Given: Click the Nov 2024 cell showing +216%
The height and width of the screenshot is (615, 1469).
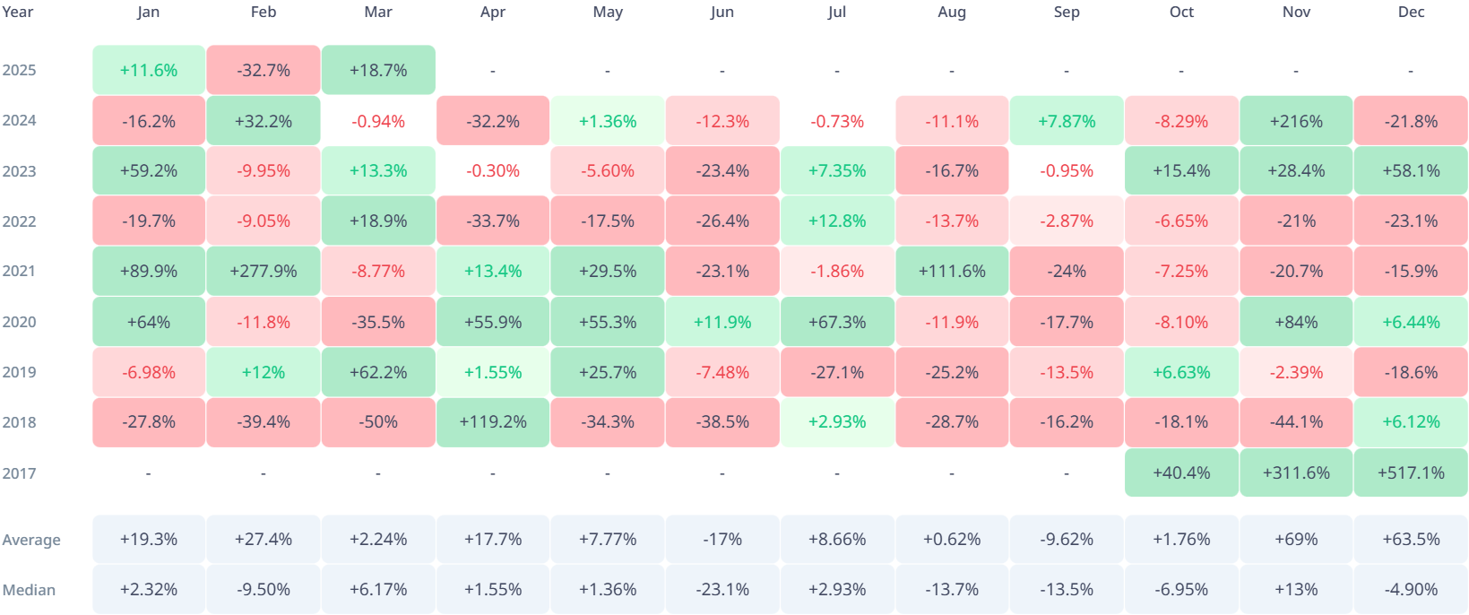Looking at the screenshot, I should click(1296, 121).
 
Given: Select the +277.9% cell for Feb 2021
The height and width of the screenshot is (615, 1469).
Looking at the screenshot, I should click(264, 271).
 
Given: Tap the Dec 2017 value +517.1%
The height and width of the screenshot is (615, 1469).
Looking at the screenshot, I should click(1411, 472).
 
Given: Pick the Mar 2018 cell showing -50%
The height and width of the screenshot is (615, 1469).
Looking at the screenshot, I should click(378, 422).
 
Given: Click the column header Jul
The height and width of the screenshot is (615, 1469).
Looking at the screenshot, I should click(837, 12).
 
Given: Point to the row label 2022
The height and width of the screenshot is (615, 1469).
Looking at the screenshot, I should click(19, 221).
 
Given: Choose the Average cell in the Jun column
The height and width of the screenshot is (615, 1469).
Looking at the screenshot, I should click(722, 539).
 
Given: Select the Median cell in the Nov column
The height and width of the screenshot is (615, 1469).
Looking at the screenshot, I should click(1296, 589).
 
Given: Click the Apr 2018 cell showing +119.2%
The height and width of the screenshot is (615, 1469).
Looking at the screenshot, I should click(493, 422).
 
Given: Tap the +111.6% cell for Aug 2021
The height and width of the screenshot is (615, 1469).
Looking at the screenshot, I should click(952, 271).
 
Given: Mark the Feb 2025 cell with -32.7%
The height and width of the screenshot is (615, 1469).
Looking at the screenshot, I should click(264, 70).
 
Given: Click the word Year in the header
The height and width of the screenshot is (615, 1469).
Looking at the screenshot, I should click(17, 12).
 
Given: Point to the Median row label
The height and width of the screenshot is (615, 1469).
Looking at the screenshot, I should click(29, 590).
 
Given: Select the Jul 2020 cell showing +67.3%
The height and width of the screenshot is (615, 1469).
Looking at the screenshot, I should click(837, 322).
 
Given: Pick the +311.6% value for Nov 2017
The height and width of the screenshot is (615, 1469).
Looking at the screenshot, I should click(1296, 472).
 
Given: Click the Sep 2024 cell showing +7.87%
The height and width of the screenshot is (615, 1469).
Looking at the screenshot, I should click(1067, 121).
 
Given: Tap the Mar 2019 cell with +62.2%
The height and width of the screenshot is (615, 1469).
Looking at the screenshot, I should click(378, 372).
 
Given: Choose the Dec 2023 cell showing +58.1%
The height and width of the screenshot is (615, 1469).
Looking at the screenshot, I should click(1411, 170).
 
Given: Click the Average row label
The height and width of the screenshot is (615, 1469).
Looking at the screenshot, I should click(31, 540).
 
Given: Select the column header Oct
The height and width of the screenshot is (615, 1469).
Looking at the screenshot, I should click(1181, 12).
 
